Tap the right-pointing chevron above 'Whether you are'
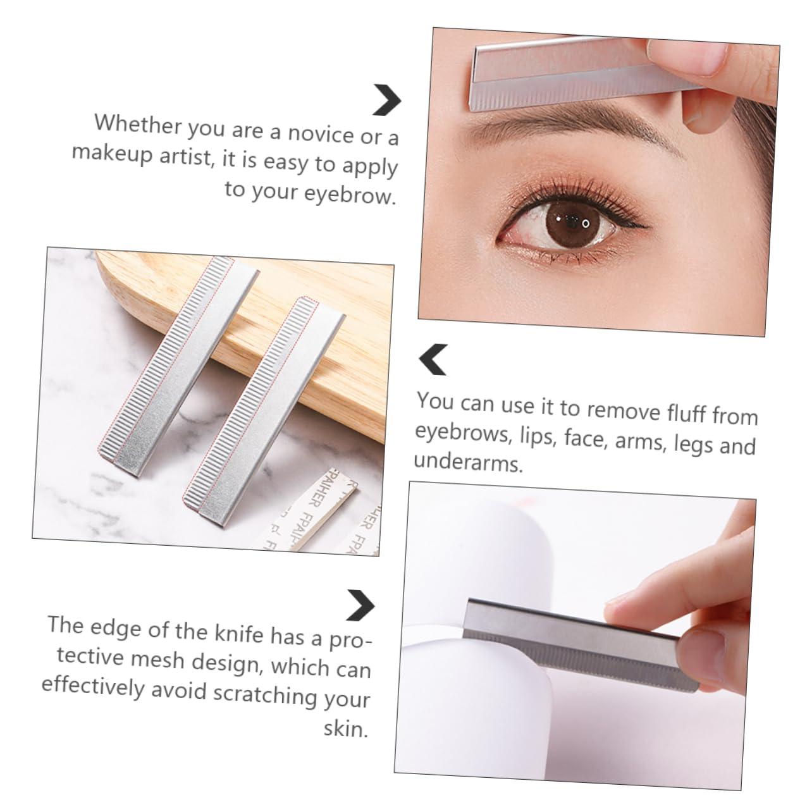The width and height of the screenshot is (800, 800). pyautogui.click(x=386, y=100)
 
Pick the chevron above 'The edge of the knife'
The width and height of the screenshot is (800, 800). pyautogui.click(x=361, y=605)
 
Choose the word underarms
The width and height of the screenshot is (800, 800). pyautogui.click(x=468, y=463)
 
